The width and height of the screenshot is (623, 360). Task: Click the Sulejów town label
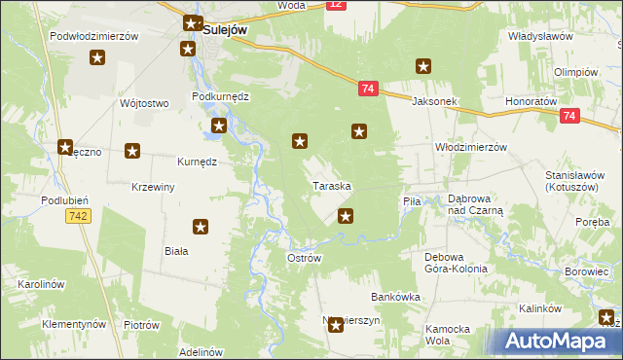pyautogui.click(x=224, y=30)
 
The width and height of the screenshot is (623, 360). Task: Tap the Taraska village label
pyautogui.click(x=331, y=185)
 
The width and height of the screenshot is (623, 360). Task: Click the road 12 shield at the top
pyautogui.click(x=335, y=5)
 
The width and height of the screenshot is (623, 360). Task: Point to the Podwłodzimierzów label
pyautogui.click(x=93, y=36)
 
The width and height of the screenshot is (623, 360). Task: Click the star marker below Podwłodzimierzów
pyautogui.click(x=97, y=59)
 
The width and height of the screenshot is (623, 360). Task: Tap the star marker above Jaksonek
pyautogui.click(x=423, y=67)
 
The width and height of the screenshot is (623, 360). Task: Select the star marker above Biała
pyautogui.click(x=201, y=228)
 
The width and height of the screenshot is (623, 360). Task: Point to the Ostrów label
pyautogui.click(x=304, y=258)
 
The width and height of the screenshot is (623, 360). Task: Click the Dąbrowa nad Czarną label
pyautogui.click(x=475, y=203)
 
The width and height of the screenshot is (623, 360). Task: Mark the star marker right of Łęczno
pyautogui.click(x=133, y=151)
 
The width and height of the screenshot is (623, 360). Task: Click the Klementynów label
pyautogui.click(x=74, y=323)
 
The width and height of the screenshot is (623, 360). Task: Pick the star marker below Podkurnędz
pyautogui.click(x=219, y=126)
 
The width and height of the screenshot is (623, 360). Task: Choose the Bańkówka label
pyautogui.click(x=395, y=297)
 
